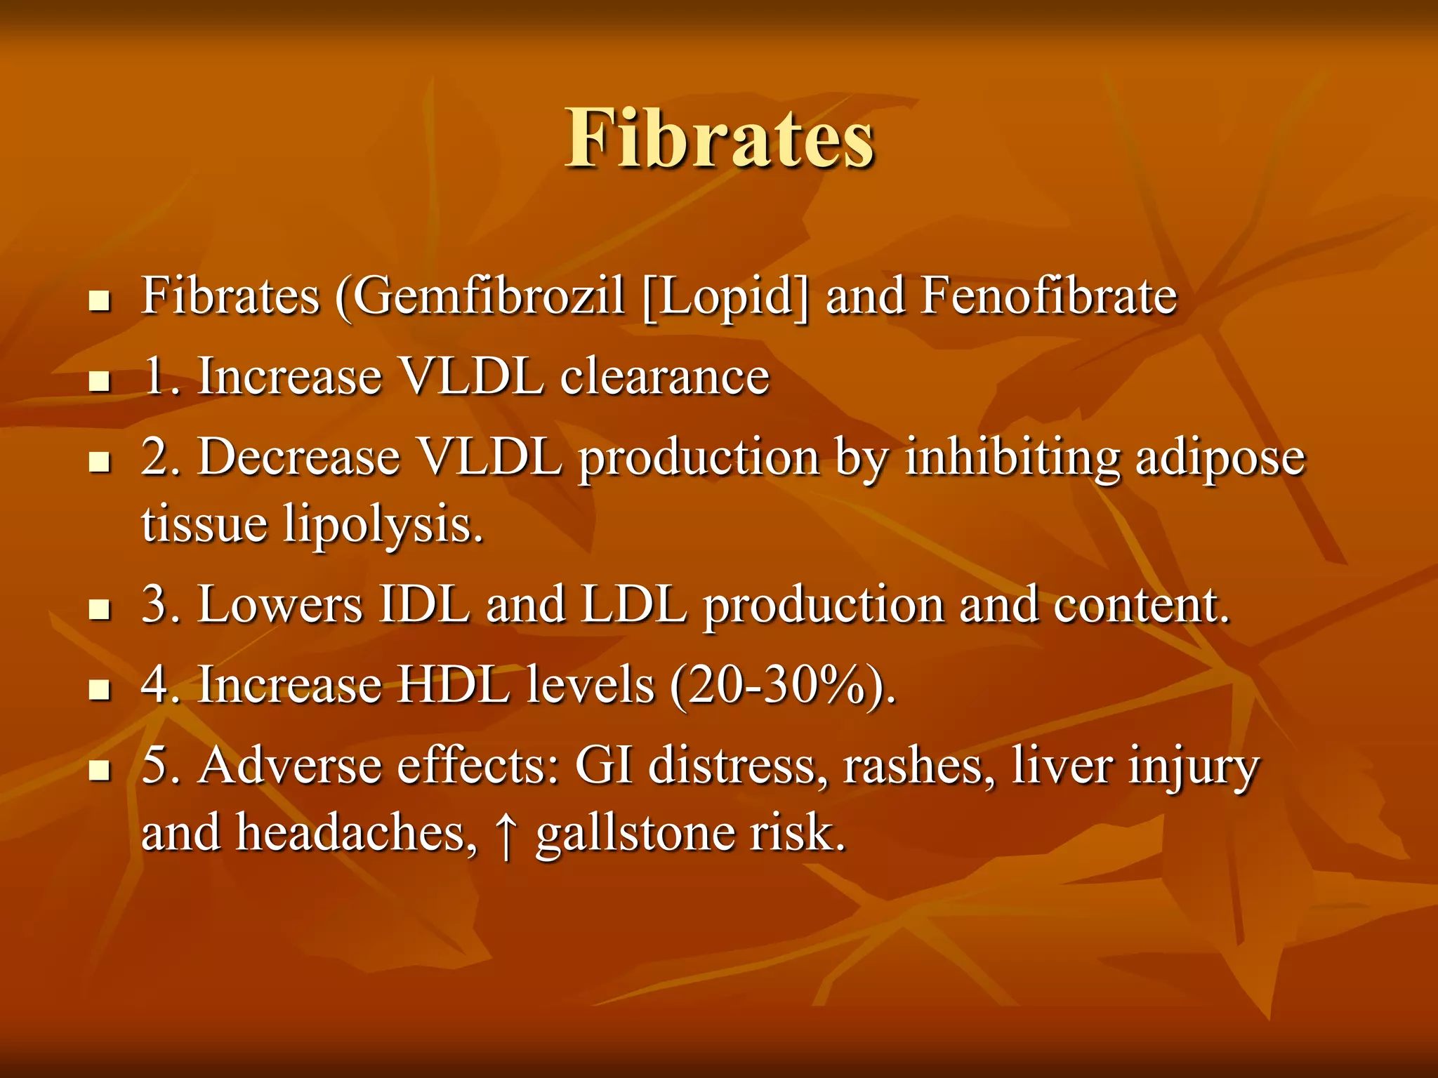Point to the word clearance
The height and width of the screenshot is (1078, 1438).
coord(664,377)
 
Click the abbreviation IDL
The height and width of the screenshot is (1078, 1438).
coord(424,605)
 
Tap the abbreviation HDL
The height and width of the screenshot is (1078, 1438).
coord(453,684)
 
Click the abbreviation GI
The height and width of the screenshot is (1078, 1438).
coord(604,766)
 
